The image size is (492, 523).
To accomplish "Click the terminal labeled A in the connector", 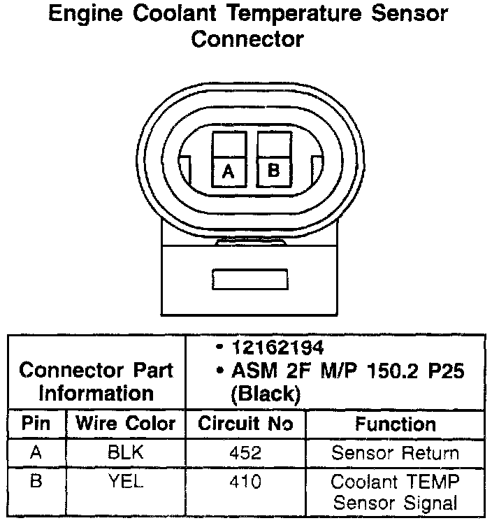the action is (228, 170).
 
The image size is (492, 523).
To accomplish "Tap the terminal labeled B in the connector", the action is (273, 169).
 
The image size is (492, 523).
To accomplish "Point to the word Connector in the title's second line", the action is (247, 38).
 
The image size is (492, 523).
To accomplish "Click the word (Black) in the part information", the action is (266, 394).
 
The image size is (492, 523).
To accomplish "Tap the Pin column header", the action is (36, 424).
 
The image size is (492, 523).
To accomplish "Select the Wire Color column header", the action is (126, 424).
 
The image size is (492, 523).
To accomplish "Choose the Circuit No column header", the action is (245, 424).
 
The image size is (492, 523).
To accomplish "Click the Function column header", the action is (395, 424).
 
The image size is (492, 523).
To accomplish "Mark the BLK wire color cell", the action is (126, 452).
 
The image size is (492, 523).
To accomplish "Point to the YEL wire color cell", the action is (126, 482).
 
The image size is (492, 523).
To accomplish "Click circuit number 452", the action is (245, 453).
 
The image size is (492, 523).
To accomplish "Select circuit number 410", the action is (245, 482).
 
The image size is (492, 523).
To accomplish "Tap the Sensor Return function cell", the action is (395, 452).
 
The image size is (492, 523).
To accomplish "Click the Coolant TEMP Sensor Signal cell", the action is (395, 492).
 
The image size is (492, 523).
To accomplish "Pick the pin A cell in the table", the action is (36, 452).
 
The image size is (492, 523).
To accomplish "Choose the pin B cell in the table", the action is (36, 482).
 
